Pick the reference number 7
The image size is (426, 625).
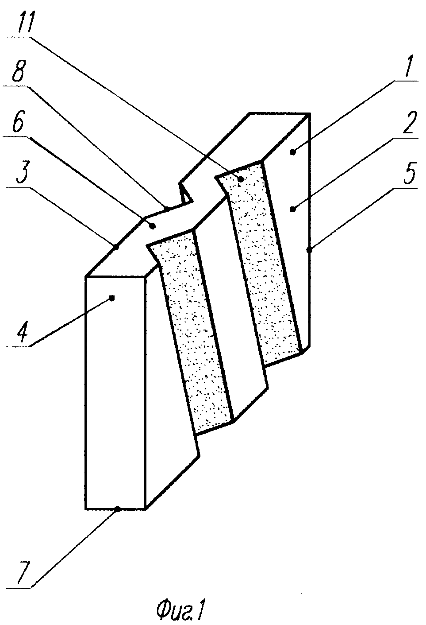23,596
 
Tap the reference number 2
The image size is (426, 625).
409,123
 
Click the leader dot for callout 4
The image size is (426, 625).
112,298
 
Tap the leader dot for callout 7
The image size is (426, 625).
118,509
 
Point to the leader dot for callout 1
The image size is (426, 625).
292,152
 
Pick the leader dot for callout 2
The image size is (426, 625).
292,209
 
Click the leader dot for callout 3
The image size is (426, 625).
116,247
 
